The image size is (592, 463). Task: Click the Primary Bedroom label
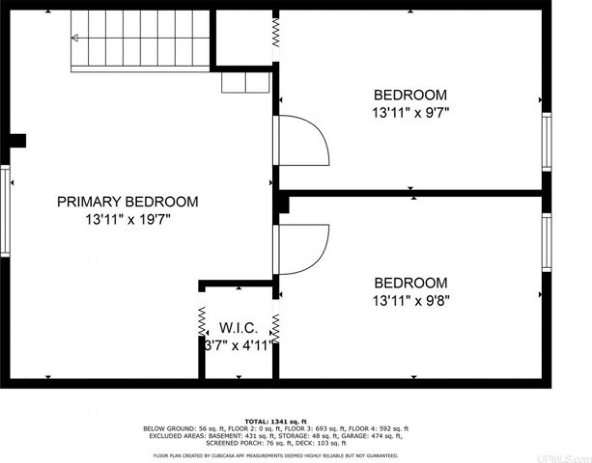coord(127,202)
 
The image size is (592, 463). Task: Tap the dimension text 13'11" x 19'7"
coord(128,219)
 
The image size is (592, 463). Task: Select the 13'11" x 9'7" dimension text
coord(410,112)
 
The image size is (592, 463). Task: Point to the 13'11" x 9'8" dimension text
coord(411,301)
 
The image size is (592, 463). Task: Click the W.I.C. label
coord(238,328)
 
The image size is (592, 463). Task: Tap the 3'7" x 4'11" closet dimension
coord(239,346)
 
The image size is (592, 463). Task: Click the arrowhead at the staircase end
coord(74,38)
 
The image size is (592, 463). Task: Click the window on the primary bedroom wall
coord(5,211)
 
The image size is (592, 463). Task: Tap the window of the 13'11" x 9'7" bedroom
coord(546,142)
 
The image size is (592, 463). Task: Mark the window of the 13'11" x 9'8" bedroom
coord(546,242)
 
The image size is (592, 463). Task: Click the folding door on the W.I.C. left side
coord(202,321)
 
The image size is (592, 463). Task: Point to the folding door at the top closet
coord(276,33)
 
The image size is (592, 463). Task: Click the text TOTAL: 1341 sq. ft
coord(276,422)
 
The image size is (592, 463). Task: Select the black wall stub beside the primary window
coord(18,141)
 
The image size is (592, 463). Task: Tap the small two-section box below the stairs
coord(246,82)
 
